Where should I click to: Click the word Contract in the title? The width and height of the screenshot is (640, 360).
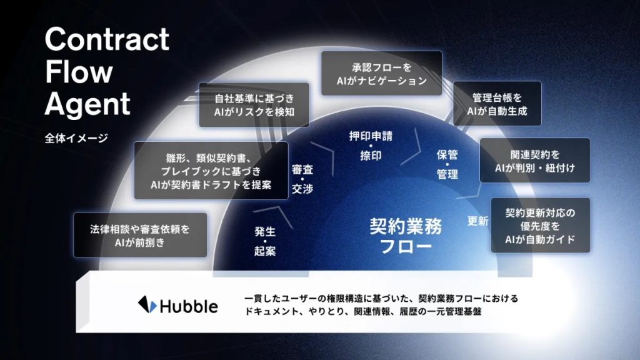click(107, 39)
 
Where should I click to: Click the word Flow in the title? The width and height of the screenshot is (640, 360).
click(79, 72)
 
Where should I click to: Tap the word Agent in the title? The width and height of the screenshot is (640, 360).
click(87, 104)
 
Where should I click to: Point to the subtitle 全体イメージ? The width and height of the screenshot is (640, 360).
click(76, 138)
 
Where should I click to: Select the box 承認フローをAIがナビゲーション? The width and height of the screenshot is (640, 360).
click(382, 74)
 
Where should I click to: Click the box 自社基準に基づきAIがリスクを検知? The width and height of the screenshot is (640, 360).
click(254, 104)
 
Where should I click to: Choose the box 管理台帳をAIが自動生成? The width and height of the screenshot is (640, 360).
click(497, 104)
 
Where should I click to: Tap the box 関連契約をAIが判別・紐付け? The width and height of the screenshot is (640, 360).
click(535, 161)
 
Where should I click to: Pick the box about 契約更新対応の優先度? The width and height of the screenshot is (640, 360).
click(541, 225)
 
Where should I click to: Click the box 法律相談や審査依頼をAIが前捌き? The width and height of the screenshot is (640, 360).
click(140, 235)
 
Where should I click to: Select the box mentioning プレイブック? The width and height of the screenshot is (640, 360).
click(211, 171)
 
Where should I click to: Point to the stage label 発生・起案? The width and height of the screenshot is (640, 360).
click(265, 241)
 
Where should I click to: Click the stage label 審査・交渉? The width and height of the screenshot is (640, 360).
click(302, 179)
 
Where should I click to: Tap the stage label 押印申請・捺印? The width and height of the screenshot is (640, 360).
click(371, 146)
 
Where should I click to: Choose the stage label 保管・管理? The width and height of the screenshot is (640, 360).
click(447, 164)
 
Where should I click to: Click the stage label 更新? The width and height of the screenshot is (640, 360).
click(477, 221)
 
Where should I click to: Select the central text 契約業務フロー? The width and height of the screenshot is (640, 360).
click(406, 236)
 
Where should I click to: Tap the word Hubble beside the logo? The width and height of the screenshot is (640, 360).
click(189, 306)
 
